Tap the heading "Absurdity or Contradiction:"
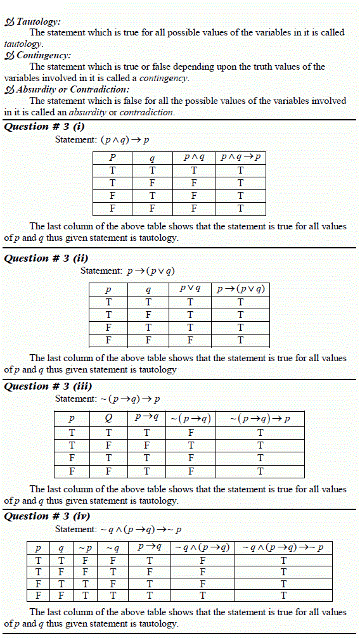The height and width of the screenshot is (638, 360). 73,89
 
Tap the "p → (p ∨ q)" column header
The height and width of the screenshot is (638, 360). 240,290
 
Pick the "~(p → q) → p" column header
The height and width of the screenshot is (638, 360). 260,419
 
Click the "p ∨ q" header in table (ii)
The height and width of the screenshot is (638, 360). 190,289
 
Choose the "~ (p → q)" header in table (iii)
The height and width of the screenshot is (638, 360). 190,419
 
